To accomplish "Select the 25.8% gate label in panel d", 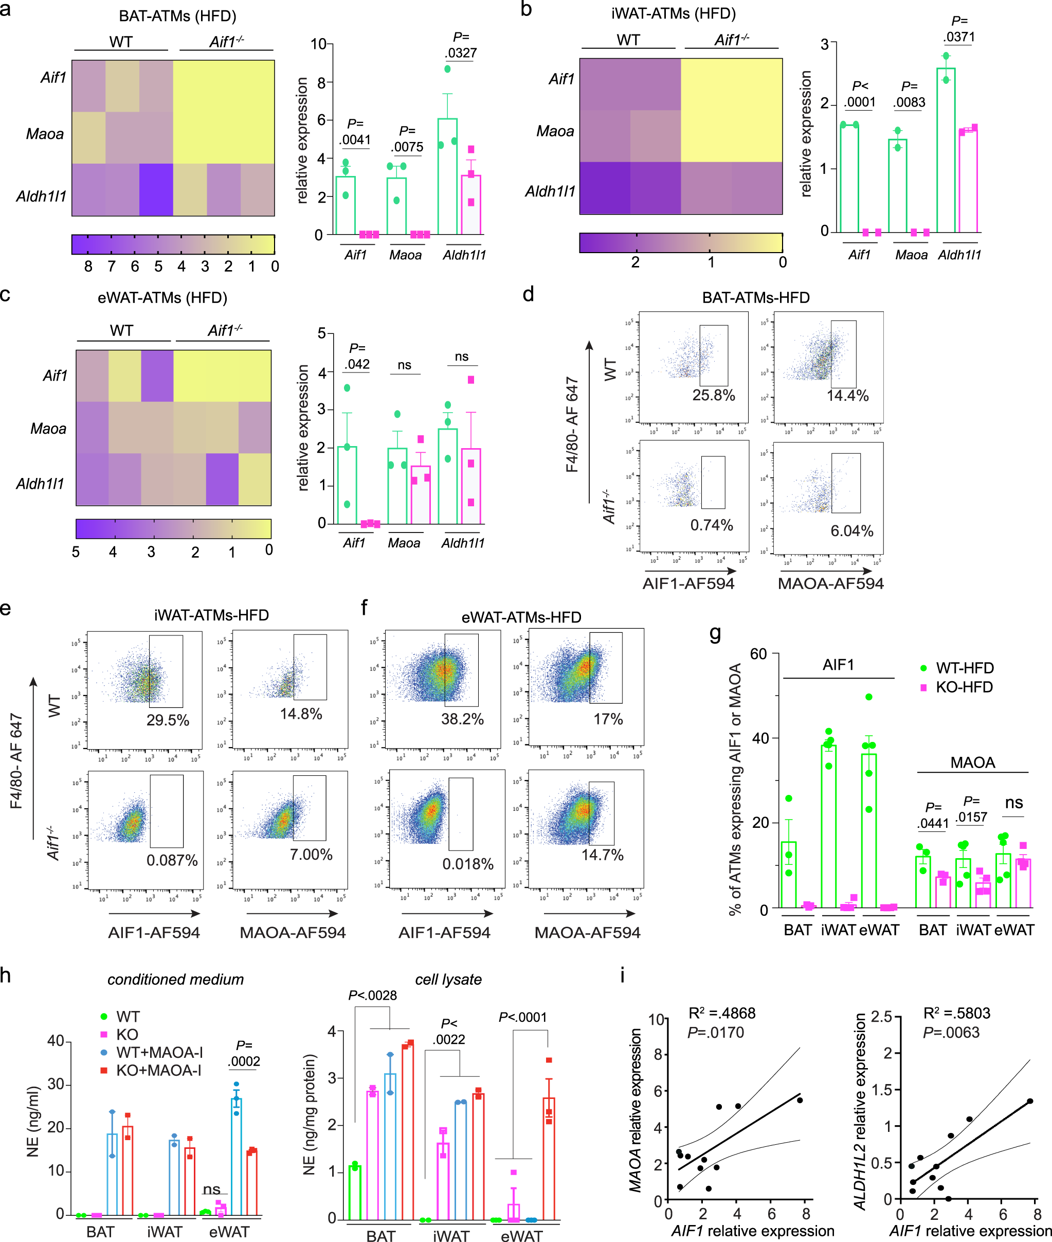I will pyautogui.click(x=713, y=396).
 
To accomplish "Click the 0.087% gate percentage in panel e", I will pyautogui.click(x=172, y=860).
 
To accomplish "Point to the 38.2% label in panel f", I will pyautogui.click(x=462, y=719).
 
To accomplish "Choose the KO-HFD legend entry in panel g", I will pyautogui.click(x=963, y=687).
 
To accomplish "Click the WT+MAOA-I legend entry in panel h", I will pyautogui.click(x=159, y=1052).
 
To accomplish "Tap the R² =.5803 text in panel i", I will pyautogui.click(x=956, y=1013).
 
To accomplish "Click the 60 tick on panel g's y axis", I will pyautogui.click(x=758, y=654).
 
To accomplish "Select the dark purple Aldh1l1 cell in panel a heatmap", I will pyautogui.click(x=156, y=190).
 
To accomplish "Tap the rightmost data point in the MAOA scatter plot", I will pyautogui.click(x=799, y=1099).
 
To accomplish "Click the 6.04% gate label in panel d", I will pyautogui.click(x=851, y=531).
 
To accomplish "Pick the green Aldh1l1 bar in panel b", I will pyautogui.click(x=945, y=149).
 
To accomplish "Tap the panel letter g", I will pyautogui.click(x=715, y=633).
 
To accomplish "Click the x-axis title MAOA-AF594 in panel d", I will pyautogui.click(x=830, y=583).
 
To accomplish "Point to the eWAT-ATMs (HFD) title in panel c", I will pyautogui.click(x=162, y=297).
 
